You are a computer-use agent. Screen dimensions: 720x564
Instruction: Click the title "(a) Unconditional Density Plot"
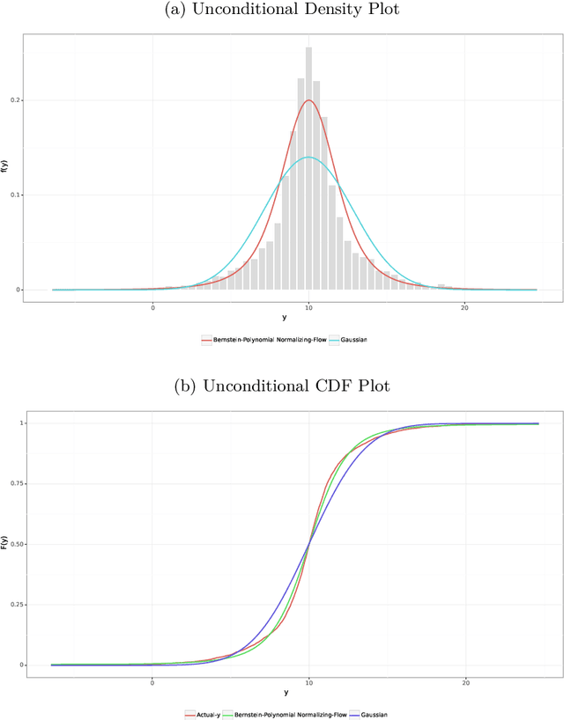click(x=282, y=10)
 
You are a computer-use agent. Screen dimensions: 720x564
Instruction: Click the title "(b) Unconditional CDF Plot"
click(x=282, y=387)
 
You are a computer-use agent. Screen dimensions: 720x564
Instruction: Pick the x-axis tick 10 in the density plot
click(x=308, y=307)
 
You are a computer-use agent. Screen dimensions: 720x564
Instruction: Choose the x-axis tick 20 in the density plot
click(x=464, y=307)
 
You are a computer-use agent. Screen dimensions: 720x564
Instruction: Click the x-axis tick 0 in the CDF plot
click(x=152, y=683)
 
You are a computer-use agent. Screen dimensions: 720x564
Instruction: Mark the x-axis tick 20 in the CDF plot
click(x=464, y=683)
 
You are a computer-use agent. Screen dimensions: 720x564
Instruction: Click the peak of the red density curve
click(x=308, y=99)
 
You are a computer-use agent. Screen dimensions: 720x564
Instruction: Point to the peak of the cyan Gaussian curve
click(x=308, y=157)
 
